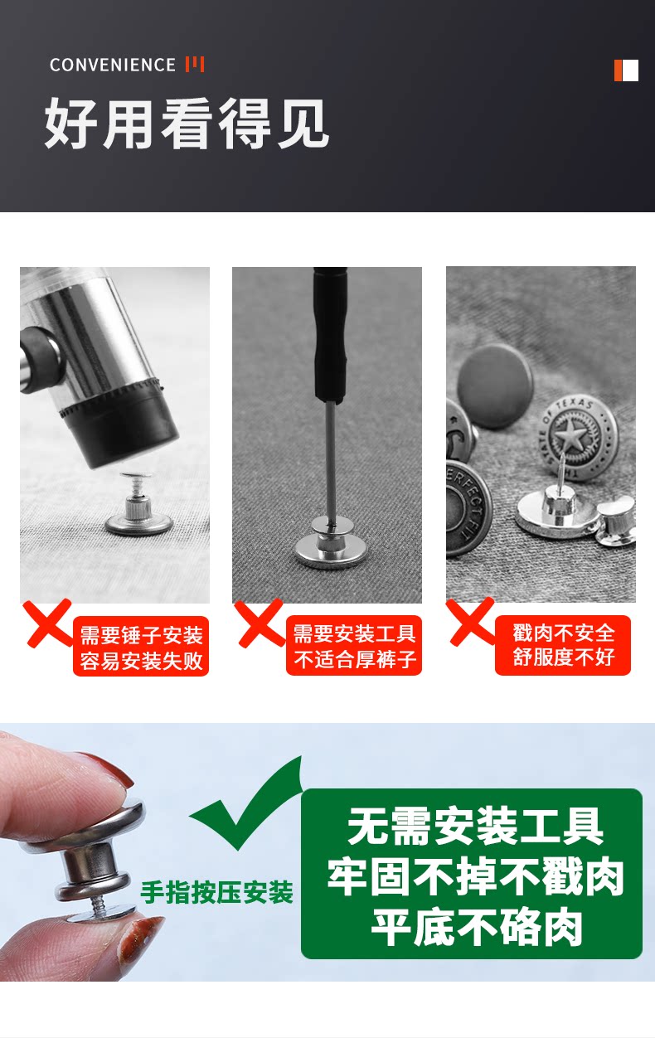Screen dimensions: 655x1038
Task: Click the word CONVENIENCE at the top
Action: [113, 65]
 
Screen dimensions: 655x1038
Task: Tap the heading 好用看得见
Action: [187, 124]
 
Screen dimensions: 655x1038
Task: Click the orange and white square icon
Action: [626, 70]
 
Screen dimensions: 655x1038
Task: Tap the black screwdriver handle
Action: [330, 333]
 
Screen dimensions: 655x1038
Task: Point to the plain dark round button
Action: [495, 386]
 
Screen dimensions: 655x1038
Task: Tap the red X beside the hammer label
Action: [48, 623]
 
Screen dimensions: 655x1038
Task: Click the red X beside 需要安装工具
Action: [260, 623]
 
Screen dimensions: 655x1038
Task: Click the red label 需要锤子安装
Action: [142, 635]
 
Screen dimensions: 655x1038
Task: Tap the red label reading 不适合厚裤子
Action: [355, 659]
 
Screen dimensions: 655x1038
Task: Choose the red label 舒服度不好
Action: [564, 657]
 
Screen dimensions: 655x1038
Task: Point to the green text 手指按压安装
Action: [216, 891]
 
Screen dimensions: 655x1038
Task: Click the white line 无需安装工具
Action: [475, 826]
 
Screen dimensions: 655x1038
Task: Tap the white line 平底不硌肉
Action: [477, 927]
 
